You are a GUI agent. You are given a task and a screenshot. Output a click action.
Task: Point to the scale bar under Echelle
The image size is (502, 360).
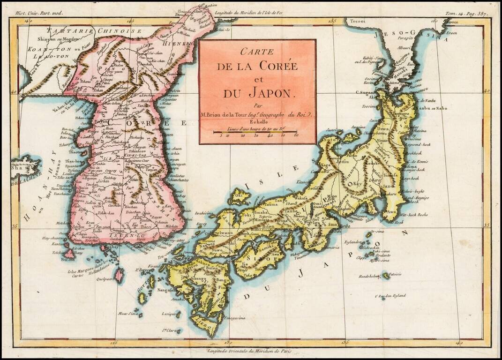tap(257, 132)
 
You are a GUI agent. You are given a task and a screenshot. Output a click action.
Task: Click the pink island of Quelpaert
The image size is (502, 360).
tap(119, 275)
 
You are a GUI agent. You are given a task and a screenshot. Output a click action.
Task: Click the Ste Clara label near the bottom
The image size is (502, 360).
tap(171, 331)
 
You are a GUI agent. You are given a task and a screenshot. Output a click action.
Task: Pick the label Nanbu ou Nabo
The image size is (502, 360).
tap(431, 109)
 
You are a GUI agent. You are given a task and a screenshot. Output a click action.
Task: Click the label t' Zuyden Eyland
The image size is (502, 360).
tap(390, 296)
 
